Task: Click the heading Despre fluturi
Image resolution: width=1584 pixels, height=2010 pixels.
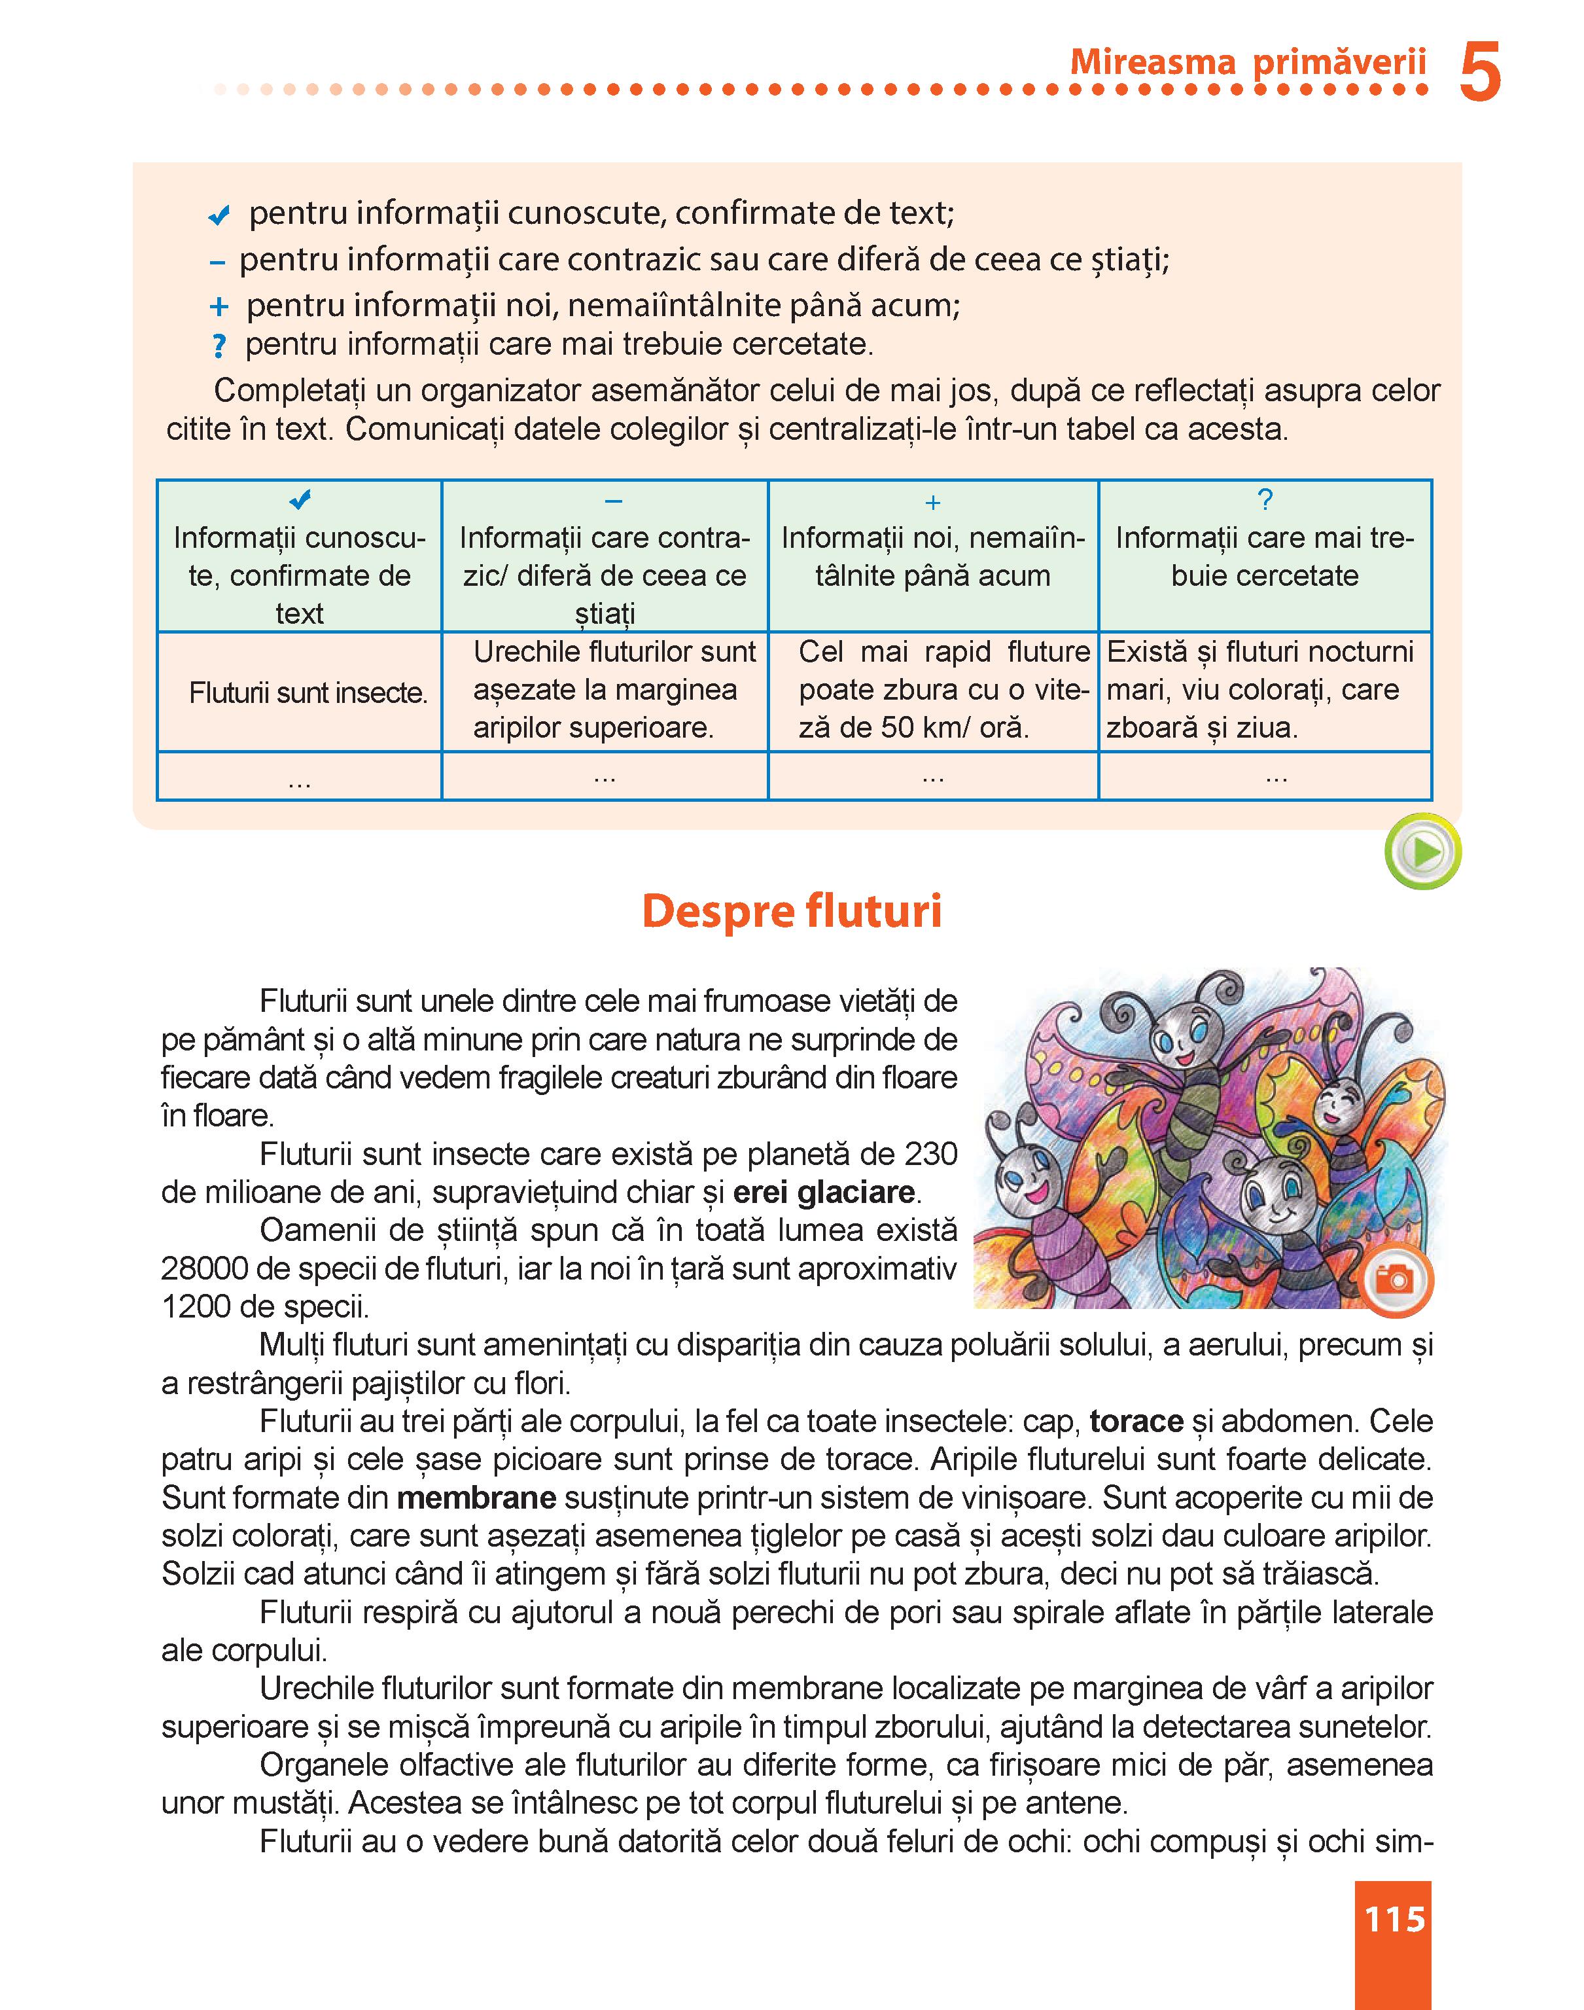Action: pos(791,911)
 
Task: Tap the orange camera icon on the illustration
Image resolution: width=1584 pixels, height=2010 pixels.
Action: pos(1395,1280)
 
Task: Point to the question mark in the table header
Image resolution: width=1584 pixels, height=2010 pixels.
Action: pos(1264,500)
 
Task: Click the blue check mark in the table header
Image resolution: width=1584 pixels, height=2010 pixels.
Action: pos(300,500)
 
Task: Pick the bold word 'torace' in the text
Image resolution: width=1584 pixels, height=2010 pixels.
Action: pos(1136,1421)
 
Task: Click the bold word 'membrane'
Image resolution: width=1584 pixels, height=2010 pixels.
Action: pos(477,1497)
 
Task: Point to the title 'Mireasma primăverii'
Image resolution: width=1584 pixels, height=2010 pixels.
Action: pos(1247,62)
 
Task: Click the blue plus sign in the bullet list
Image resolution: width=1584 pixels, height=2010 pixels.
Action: pos(219,306)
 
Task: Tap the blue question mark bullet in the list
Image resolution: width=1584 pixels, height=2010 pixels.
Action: pos(219,346)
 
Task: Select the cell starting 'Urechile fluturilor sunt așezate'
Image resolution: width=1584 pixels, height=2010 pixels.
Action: pos(614,690)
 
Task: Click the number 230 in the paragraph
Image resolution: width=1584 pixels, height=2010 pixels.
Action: pos(928,1154)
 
